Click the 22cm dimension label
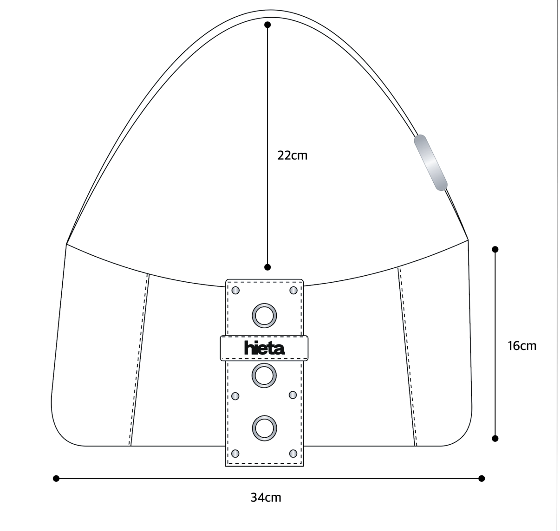(x=292, y=155)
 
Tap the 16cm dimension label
(x=522, y=346)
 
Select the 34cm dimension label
(x=266, y=498)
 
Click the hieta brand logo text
(x=264, y=348)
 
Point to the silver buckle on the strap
(x=430, y=162)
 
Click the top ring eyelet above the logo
(x=264, y=316)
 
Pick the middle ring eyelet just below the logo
(x=264, y=376)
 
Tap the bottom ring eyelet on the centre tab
(x=264, y=428)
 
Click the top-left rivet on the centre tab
(x=235, y=291)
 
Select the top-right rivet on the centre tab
(x=293, y=291)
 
